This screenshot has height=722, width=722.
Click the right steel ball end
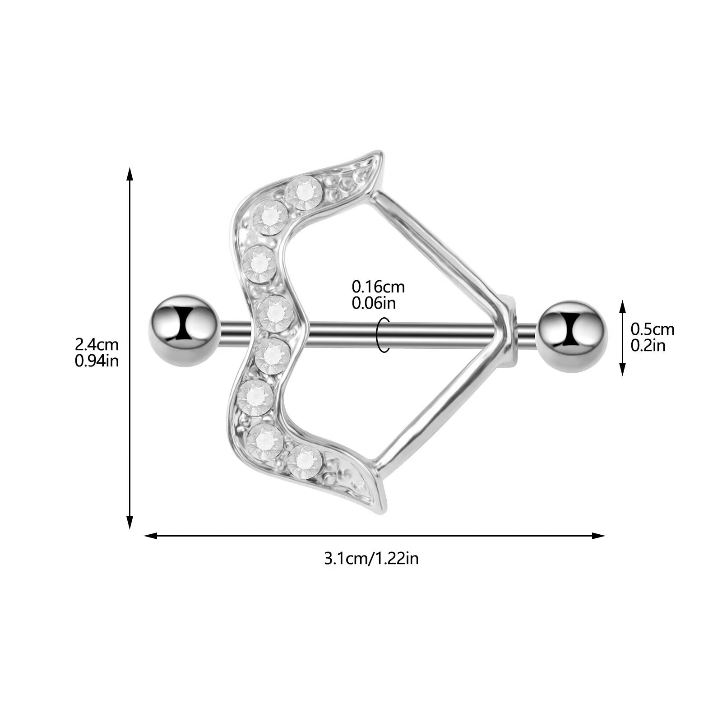[x=572, y=336]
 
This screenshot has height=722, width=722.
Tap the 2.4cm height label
[x=97, y=345]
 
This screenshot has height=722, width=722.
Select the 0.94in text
[x=97, y=361]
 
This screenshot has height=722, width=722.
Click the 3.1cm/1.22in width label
[x=371, y=559]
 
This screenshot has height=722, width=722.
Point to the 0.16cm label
[x=378, y=287]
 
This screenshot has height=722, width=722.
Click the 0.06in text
[x=374, y=303]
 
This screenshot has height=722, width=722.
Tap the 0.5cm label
[x=652, y=329]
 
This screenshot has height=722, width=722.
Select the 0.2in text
[x=648, y=346]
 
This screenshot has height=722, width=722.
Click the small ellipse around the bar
[x=383, y=335]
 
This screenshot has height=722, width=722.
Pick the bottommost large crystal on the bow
[x=305, y=462]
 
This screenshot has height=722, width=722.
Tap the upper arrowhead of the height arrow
[x=130, y=174]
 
